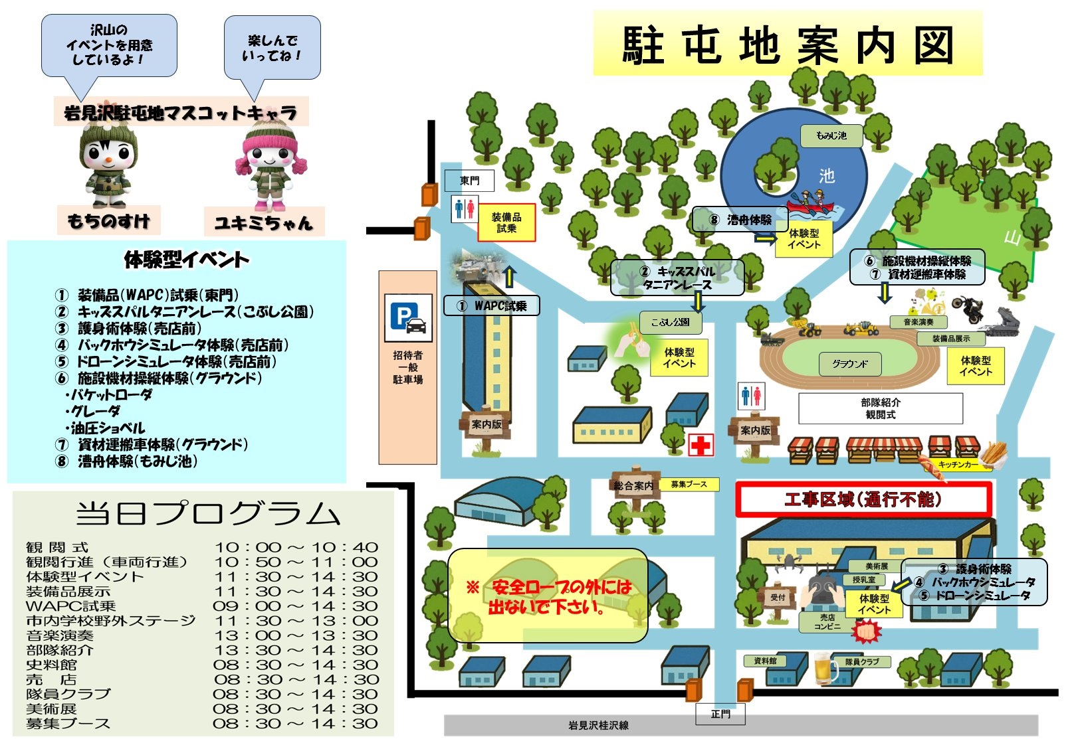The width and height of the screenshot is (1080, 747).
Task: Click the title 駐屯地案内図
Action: click(x=788, y=45)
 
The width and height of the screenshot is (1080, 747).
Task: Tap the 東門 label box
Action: click(x=469, y=181)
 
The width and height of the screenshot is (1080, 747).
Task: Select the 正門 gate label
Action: click(x=720, y=714)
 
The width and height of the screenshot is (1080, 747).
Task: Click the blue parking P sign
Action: click(x=408, y=317)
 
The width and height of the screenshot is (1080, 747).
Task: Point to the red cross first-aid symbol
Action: click(x=700, y=445)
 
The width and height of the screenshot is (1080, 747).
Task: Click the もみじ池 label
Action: click(x=831, y=135)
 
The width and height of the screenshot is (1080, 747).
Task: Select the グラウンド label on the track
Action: click(x=849, y=364)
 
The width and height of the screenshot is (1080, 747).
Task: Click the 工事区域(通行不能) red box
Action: click(x=863, y=499)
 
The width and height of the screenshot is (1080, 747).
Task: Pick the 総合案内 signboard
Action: click(x=633, y=486)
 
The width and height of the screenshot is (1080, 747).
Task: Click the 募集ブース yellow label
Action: click(x=689, y=485)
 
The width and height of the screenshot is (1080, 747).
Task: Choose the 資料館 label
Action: click(x=765, y=661)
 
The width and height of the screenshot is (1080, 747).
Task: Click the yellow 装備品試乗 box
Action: click(x=506, y=222)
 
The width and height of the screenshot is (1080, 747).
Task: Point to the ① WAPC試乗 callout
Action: click(x=491, y=305)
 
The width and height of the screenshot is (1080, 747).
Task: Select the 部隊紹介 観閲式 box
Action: click(x=880, y=408)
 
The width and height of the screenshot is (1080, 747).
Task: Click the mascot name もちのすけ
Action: click(x=109, y=220)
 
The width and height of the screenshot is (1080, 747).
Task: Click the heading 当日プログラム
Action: click(x=207, y=514)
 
